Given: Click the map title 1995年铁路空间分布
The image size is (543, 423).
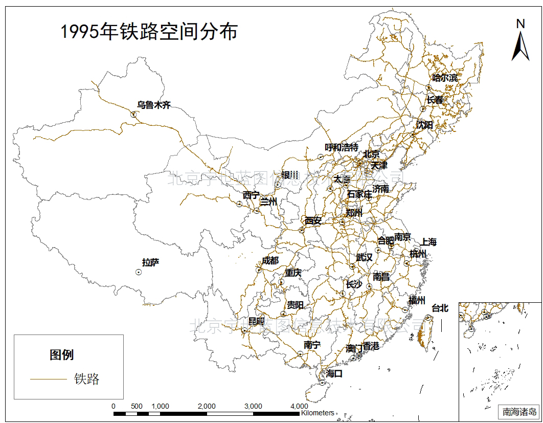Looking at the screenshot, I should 149,32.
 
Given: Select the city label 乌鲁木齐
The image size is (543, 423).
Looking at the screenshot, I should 153,105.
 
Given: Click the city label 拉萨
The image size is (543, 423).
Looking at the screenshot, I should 150,263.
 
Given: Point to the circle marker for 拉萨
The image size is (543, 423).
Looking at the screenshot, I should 139,272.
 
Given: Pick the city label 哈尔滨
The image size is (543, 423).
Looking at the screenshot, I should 445,78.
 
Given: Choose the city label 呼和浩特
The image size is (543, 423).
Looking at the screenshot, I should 342,147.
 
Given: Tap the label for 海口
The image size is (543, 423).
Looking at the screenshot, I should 334,374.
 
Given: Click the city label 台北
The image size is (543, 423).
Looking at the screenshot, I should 440,308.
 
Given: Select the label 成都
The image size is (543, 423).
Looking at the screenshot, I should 270,261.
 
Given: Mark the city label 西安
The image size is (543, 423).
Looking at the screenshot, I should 313,221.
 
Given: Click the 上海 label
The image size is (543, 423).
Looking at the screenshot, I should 428,242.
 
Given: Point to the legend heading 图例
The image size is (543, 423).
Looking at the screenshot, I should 61,354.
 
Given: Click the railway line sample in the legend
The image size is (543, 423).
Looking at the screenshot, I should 48,379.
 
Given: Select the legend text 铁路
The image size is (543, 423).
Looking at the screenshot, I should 86,379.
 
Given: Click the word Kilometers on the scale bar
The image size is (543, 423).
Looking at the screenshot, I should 318,413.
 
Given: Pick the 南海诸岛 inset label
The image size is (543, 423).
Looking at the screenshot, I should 519,411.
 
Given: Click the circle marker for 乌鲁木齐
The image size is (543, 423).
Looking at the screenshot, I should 133,115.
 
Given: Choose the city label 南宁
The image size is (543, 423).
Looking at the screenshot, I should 312,345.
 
